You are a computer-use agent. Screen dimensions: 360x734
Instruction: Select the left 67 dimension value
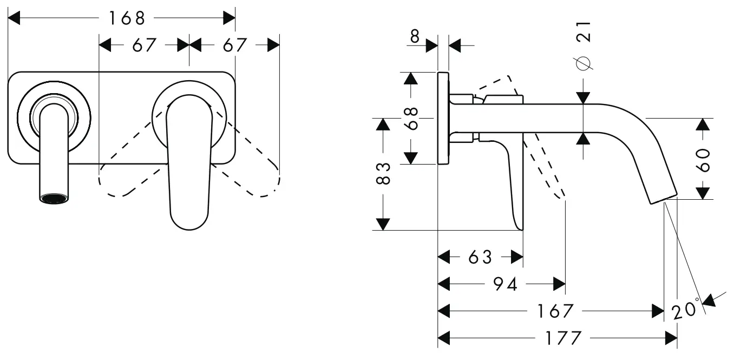(x=144, y=45)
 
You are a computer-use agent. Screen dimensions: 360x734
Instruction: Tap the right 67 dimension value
(x=235, y=45)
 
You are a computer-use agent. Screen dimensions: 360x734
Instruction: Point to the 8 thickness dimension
(x=415, y=36)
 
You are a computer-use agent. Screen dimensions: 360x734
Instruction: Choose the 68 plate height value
(x=411, y=118)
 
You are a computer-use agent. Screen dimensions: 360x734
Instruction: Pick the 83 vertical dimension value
(x=383, y=173)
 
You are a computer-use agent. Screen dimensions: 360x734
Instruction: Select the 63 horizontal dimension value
(x=480, y=257)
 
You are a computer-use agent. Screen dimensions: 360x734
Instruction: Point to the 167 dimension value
(x=555, y=311)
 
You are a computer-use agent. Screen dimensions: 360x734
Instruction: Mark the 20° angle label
(x=686, y=310)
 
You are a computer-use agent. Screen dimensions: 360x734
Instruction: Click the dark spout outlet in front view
(x=54, y=199)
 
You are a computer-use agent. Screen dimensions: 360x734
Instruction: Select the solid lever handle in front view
(x=189, y=162)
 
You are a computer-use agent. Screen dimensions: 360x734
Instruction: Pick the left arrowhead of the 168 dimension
(x=14, y=18)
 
